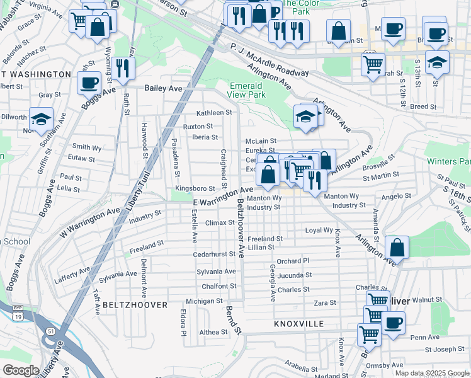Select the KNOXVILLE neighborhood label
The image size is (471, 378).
[299, 324]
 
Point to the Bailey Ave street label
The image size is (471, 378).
[164, 89]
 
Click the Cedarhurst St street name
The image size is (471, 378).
[214, 255]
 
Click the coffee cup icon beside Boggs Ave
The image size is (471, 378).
[89, 82]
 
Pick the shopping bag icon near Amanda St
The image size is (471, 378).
[397, 247]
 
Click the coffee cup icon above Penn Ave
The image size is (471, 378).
[394, 323]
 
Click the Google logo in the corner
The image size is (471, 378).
[21, 370]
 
